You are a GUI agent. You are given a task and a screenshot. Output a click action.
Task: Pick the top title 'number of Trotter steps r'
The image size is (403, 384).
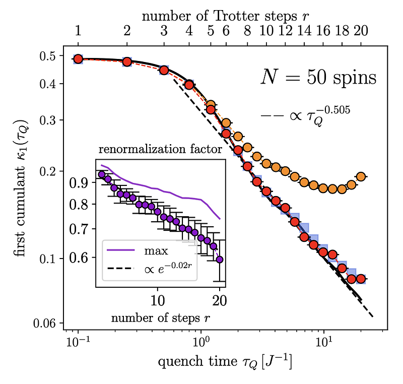click(x=225, y=15)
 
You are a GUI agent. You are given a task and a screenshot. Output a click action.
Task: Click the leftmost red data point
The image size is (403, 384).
click(x=78, y=59)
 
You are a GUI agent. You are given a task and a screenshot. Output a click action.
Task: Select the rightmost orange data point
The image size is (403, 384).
click(x=360, y=177)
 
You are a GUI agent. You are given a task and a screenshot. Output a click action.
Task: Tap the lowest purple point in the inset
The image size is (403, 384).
click(x=220, y=260)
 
